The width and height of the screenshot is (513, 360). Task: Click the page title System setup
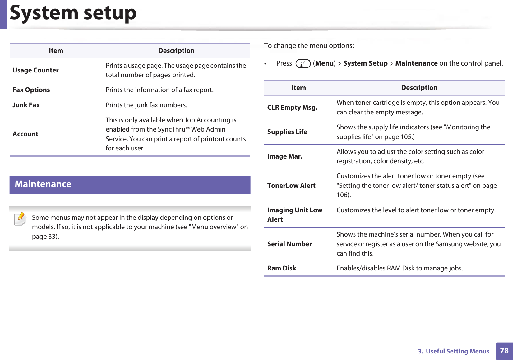(73, 13)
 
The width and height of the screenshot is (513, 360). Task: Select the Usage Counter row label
(35, 70)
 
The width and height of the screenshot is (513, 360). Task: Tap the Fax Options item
(31, 90)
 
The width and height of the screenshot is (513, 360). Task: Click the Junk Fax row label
(26, 105)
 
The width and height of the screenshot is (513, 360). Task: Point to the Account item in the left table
(25, 134)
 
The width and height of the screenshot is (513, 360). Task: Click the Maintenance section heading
(43, 184)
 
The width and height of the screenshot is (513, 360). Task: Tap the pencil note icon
(20, 219)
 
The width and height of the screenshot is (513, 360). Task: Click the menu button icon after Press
(303, 64)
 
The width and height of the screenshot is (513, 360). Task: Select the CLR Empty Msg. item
(292, 108)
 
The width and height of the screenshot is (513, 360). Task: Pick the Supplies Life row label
(287, 132)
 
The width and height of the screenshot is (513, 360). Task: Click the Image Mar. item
(285, 156)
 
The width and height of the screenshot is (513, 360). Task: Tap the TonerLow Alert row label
(291, 186)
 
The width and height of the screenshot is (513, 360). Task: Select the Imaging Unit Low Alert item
(295, 215)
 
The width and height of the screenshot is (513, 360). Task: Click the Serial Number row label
(289, 244)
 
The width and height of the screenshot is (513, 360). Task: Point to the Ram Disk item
(282, 268)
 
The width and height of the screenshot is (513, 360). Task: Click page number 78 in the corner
(504, 351)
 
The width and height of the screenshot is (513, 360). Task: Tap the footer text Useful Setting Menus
(457, 351)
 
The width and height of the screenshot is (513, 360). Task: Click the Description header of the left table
(176, 51)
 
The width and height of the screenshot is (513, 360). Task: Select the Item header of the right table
(298, 88)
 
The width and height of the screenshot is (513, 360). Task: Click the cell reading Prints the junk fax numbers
(146, 105)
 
